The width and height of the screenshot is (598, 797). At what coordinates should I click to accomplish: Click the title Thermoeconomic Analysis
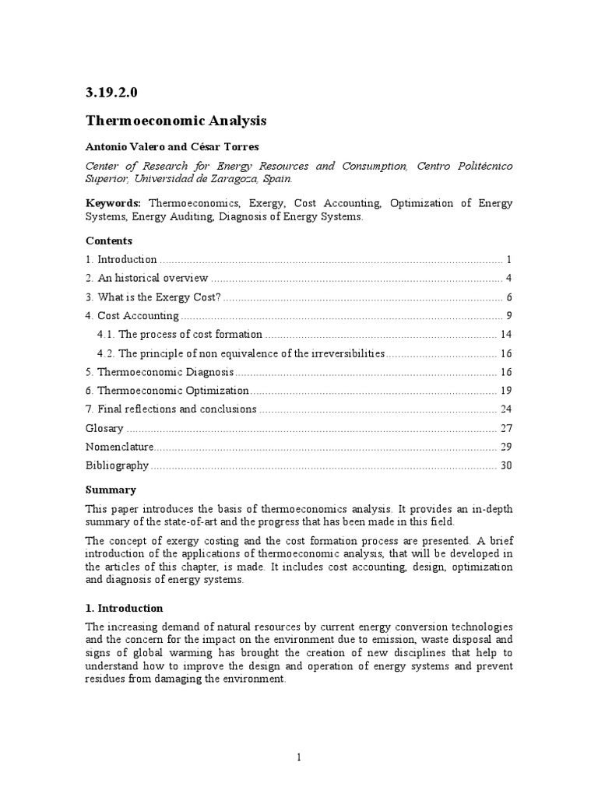176,121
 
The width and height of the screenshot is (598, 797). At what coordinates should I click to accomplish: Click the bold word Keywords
108,203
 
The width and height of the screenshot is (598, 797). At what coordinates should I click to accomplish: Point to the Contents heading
108,241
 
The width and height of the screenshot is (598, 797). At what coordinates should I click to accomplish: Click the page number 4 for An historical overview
508,278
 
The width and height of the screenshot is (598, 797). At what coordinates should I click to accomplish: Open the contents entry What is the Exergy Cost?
160,297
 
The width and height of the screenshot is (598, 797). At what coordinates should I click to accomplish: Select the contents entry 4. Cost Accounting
132,315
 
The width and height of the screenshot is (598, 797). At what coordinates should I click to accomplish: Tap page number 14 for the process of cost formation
505,334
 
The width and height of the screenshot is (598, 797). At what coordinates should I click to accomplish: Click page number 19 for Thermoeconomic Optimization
505,390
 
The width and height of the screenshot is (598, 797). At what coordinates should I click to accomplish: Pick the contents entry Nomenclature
120,446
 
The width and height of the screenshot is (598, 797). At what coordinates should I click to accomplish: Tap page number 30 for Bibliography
505,465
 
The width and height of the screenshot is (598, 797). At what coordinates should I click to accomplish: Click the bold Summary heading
111,490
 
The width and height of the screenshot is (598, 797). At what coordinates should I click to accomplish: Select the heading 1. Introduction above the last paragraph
125,608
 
